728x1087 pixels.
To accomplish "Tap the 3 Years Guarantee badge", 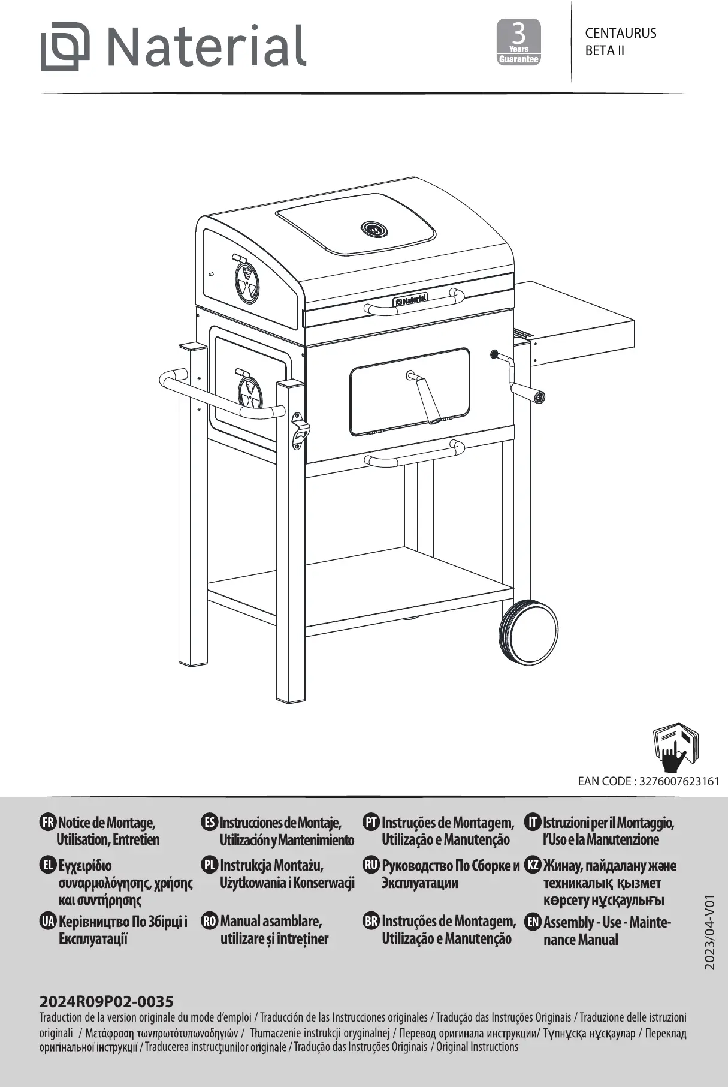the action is (x=519, y=42).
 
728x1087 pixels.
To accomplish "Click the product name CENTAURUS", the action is (x=620, y=33).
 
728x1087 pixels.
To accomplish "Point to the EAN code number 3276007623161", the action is (x=679, y=781).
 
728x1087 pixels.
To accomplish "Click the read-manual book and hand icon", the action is (x=675, y=748).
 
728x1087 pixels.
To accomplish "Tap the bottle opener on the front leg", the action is (x=299, y=431).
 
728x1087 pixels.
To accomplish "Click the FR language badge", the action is (x=47, y=822).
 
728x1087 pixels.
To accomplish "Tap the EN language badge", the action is (x=533, y=922).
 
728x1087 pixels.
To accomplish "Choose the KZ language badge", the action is (x=533, y=865).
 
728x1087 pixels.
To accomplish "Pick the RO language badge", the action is (x=210, y=921).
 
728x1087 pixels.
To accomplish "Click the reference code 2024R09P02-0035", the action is (x=106, y=1001).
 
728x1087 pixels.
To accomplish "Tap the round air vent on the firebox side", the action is (x=249, y=393).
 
